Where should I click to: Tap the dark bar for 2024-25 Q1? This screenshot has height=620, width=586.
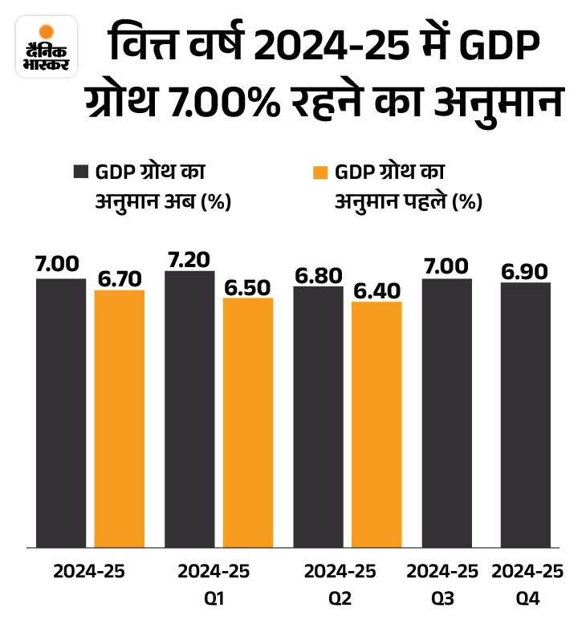[x=189, y=409]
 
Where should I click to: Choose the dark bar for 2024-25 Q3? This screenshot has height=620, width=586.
[x=446, y=413]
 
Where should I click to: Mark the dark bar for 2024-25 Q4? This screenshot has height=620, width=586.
[x=525, y=415]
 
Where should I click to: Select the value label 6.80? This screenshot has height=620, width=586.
[x=318, y=275]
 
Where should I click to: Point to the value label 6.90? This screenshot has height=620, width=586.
[x=525, y=271]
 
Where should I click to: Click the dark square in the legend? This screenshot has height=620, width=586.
[x=80, y=172]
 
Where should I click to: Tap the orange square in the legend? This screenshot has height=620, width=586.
[x=319, y=172]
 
